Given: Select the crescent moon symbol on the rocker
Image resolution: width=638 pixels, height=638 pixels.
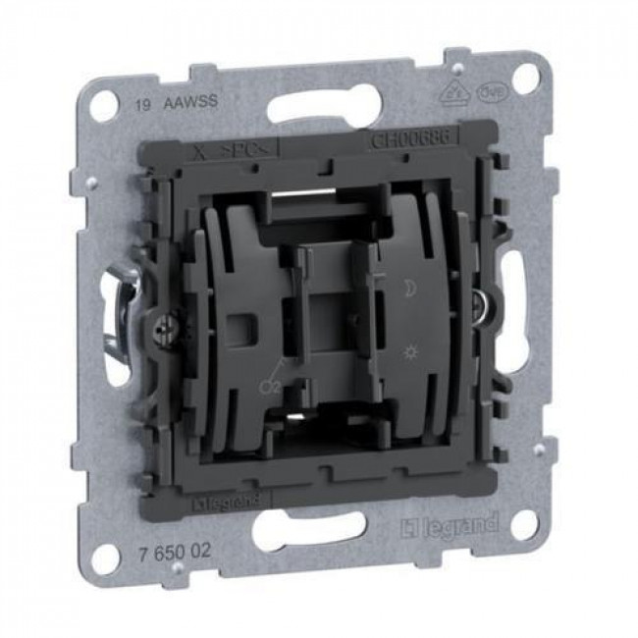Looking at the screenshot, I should pos(407,292).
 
